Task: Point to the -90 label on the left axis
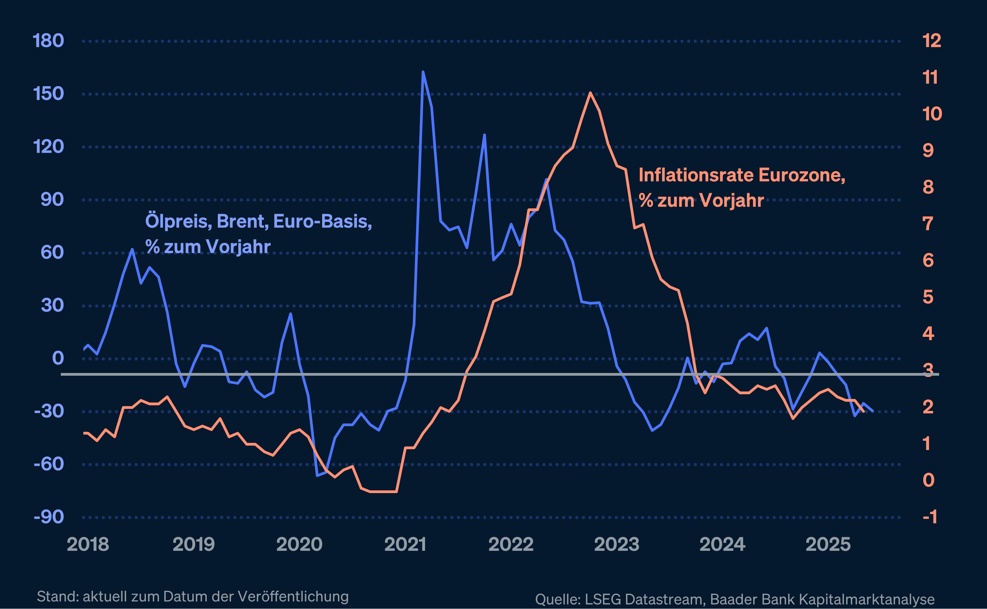[49, 517]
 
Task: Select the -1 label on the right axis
[930, 517]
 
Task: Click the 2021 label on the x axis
[405, 545]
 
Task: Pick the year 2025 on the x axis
[828, 545]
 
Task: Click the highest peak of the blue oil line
[423, 72]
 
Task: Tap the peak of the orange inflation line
[590, 93]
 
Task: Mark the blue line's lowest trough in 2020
[317, 475]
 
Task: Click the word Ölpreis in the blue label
[178, 222]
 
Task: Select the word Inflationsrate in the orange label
[696, 176]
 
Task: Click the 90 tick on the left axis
[52, 199]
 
